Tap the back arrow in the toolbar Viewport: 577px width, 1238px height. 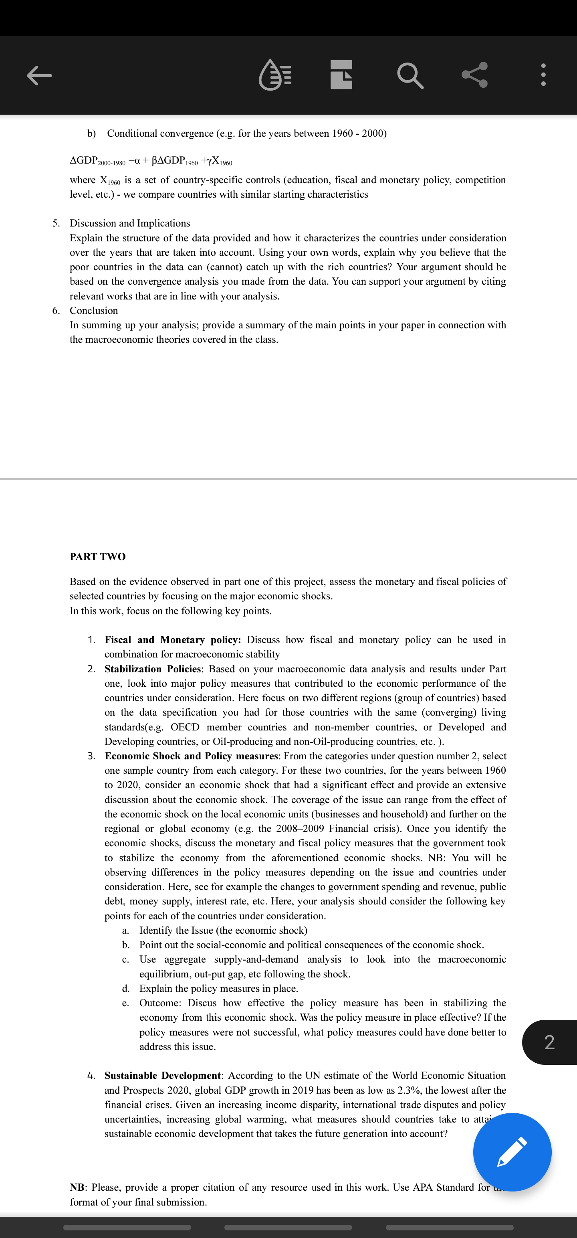point(39,75)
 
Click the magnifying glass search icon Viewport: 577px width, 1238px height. point(410,75)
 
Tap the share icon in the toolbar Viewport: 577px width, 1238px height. point(475,75)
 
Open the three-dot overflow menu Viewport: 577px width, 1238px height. point(543,75)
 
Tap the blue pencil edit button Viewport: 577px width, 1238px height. point(512,1152)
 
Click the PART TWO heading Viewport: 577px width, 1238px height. point(97,556)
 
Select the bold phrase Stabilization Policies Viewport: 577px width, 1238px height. point(153,669)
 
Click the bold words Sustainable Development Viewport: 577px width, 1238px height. point(162,1075)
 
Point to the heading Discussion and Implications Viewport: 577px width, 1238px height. point(130,223)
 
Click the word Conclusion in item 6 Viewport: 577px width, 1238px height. point(94,310)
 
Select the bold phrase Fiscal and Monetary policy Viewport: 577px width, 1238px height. point(172,640)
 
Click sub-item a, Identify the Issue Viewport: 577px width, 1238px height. point(223,931)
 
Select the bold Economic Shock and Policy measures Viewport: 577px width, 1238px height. point(191,756)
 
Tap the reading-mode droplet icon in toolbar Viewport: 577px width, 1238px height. point(275,75)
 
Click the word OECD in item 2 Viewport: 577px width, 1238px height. point(185,727)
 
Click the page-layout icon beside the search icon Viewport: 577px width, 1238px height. point(341,75)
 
